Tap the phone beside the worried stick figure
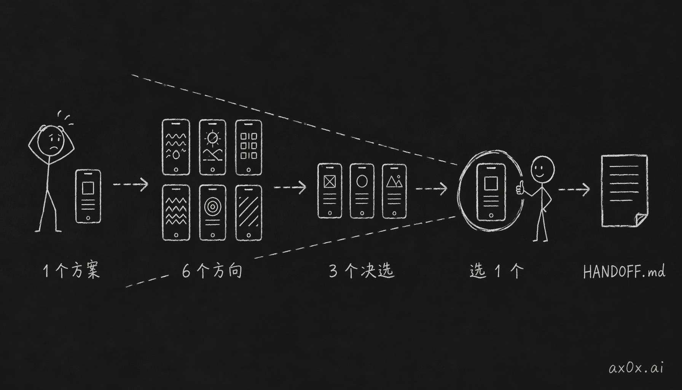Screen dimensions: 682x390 pos(88,196)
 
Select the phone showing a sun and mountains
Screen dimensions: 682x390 pos(212,147)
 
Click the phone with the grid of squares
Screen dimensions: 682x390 pos(249,147)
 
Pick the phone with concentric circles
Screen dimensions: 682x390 pos(212,213)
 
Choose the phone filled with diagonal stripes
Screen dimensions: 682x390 pos(249,213)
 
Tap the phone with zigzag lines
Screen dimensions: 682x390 pos(176,213)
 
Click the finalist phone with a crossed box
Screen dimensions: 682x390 pos(330,191)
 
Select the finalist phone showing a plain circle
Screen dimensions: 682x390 pos(362,191)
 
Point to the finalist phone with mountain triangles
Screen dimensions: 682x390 pos(394,191)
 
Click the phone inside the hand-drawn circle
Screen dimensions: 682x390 pos(491,192)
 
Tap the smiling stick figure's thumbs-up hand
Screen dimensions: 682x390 pos(520,188)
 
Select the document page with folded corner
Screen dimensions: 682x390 pos(624,191)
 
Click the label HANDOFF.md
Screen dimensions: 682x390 pos(624,272)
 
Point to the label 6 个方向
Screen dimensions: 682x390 pos(212,271)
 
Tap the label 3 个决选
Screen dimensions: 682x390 pos(361,271)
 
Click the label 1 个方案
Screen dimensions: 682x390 pos(72,271)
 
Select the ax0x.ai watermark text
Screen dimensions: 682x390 pos(636,368)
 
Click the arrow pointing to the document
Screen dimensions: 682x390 pos(574,189)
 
